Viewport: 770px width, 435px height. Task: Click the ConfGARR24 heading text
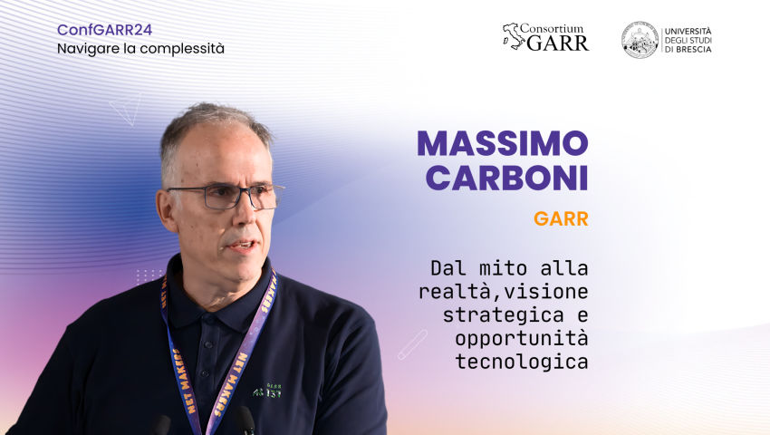click(x=104, y=30)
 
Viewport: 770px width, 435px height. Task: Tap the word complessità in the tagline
click(x=182, y=49)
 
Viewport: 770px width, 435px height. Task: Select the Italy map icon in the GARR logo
click(x=513, y=36)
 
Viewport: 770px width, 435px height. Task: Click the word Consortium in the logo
click(x=552, y=28)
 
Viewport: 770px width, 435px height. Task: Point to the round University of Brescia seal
click(x=640, y=40)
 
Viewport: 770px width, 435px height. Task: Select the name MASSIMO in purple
click(x=503, y=143)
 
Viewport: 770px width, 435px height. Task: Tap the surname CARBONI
click(x=506, y=178)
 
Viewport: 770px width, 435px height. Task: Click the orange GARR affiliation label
click(x=561, y=218)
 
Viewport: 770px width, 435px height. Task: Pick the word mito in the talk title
click(x=503, y=268)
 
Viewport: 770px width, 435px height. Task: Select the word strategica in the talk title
click(x=503, y=315)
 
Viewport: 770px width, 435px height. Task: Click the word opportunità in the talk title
click(x=522, y=339)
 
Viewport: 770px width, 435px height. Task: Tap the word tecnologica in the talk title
click(x=522, y=362)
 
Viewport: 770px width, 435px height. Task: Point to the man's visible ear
click(x=167, y=210)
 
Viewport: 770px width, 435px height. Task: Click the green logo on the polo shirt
click(x=266, y=391)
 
